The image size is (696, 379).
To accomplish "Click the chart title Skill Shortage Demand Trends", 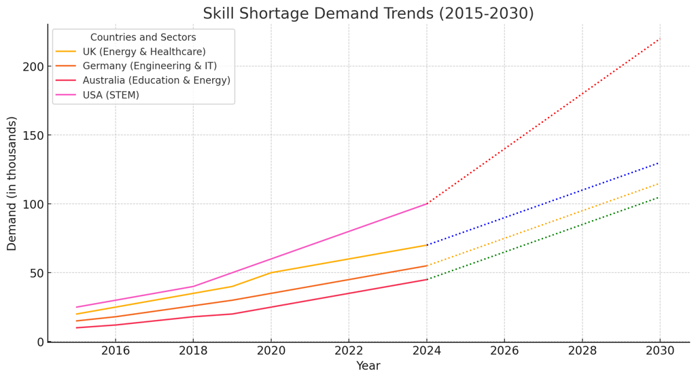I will [368, 14].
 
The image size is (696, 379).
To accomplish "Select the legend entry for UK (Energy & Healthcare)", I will [143, 52].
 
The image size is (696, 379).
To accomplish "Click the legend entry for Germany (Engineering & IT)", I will [150, 66].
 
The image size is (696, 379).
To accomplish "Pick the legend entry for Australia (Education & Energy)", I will [156, 80].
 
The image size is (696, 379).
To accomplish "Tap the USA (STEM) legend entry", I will [110, 95].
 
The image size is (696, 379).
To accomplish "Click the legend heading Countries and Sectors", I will [143, 37].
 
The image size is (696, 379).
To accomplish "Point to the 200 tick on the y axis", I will [33, 67].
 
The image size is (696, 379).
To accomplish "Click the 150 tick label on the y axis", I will [33, 135].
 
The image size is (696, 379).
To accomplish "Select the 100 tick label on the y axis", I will [33, 204].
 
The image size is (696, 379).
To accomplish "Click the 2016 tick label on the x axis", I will [116, 351].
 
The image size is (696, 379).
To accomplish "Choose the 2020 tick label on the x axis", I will [271, 351].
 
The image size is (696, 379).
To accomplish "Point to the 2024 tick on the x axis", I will [427, 351].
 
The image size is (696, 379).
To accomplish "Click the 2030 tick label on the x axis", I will [659, 351].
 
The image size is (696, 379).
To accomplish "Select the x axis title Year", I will [368, 367].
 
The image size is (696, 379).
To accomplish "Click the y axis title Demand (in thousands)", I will [12, 183].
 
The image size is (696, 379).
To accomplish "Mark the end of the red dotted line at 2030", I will [659, 39].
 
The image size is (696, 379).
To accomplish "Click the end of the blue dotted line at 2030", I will [659, 162].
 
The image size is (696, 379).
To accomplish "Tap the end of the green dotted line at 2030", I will [659, 197].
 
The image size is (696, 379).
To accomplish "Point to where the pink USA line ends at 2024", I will [427, 204].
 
